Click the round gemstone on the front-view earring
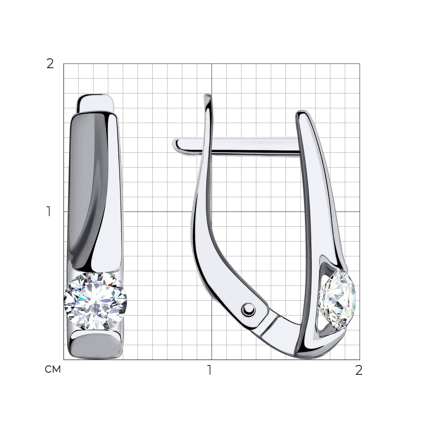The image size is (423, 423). click(x=95, y=301)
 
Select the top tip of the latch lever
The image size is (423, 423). click(x=207, y=95)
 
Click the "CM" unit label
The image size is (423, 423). click(x=52, y=369)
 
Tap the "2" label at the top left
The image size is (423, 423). click(x=50, y=64)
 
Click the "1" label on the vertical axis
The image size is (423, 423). click(x=49, y=211)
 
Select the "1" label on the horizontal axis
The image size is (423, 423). click(x=209, y=370)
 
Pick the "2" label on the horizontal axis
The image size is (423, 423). click(x=359, y=370)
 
